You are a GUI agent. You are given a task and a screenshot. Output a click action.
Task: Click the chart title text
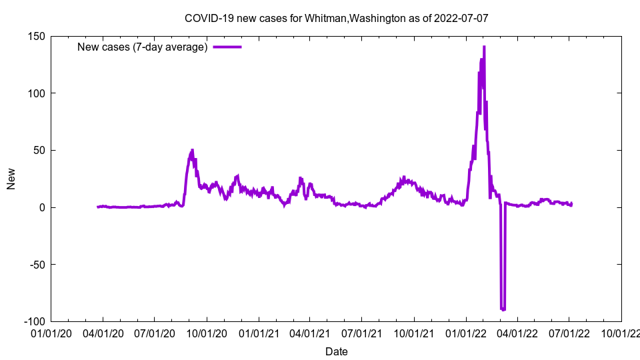point(336,18)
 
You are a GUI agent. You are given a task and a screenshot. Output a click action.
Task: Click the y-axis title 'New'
point(11,179)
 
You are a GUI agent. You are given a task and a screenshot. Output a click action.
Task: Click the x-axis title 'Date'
point(336,351)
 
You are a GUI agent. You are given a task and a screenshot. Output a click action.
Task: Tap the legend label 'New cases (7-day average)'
point(143,47)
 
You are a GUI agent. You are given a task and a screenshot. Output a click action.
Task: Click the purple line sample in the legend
point(227,47)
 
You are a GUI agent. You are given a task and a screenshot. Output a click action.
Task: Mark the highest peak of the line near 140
point(484,47)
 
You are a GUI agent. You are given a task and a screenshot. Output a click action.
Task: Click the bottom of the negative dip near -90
point(503,309)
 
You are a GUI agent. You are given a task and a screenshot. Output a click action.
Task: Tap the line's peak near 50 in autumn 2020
point(193,150)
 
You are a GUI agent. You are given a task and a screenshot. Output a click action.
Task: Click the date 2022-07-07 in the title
point(461,18)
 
